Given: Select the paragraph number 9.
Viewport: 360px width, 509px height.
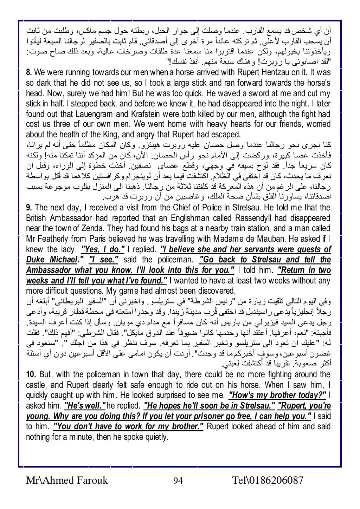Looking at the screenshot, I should click(29, 208).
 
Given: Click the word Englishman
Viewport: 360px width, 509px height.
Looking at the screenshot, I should click(209, 218).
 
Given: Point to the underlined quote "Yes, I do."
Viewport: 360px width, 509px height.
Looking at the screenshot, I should click(103, 250).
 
